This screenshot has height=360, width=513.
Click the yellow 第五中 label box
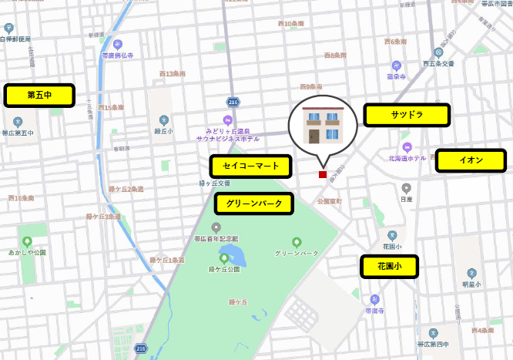pos(39,96)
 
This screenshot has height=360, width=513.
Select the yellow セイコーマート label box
pos(251,166)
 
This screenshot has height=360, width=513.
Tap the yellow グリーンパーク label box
pos(254,204)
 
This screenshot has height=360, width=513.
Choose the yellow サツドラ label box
pos(407,116)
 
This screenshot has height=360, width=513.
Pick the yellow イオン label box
pos(471,160)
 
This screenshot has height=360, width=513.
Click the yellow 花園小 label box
pos(389,267)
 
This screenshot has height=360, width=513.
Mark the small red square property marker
pos(323,174)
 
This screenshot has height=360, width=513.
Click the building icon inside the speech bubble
pos(323,126)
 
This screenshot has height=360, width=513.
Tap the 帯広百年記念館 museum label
pos(216,239)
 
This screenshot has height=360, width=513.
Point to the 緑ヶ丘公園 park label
pos(223,270)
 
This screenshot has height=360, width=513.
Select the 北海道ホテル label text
pos(407,158)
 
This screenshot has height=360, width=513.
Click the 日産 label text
pos(406,199)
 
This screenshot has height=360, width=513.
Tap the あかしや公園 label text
pos(28,252)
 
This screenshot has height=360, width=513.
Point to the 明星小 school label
pos(471,284)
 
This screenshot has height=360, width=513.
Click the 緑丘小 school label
pos(163,131)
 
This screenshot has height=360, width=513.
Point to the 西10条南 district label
pos(290,24)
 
